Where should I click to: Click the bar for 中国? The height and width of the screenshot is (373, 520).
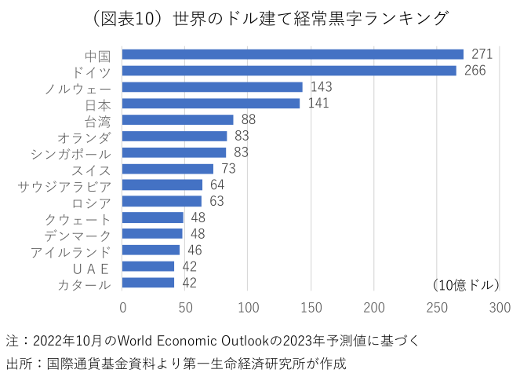click(293, 54)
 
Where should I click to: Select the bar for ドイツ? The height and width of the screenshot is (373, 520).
click(289, 71)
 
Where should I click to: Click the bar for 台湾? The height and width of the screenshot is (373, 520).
click(178, 119)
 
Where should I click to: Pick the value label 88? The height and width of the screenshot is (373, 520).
click(249, 119)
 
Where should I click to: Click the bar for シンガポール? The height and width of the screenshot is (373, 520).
click(174, 152)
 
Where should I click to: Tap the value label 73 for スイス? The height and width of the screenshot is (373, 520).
click(229, 169)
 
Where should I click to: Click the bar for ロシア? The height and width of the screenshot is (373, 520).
click(162, 202)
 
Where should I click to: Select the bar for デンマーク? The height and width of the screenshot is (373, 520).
click(153, 234)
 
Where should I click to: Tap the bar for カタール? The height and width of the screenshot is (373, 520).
click(149, 283)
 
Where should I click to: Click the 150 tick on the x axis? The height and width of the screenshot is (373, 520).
click(311, 307)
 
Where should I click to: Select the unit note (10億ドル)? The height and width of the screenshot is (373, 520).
click(465, 283)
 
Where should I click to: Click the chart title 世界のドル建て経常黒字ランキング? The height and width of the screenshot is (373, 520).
click(259, 17)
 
